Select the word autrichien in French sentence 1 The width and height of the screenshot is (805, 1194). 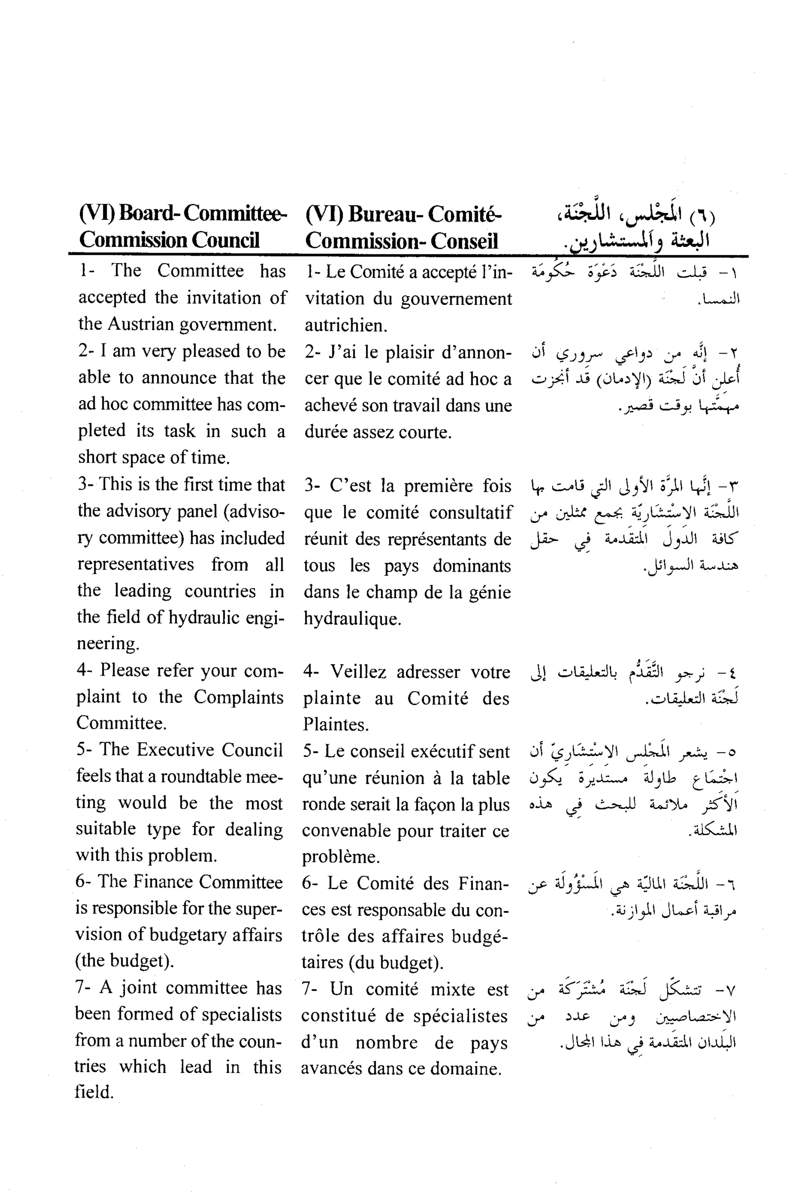coord(346,325)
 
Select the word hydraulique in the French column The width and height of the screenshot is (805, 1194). coord(352,618)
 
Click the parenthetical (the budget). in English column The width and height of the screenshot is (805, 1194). coord(125,961)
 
